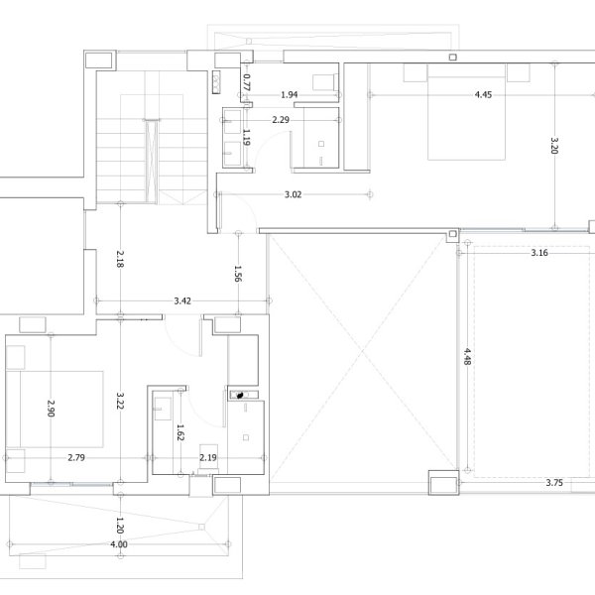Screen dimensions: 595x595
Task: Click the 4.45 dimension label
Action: (x=483, y=94)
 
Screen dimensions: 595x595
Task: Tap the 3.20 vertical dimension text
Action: (x=554, y=146)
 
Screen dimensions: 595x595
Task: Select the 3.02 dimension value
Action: (x=293, y=194)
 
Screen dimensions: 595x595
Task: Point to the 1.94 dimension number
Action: (x=290, y=94)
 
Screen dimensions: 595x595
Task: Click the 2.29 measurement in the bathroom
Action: (x=281, y=120)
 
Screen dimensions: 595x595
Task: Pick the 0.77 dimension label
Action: (x=247, y=82)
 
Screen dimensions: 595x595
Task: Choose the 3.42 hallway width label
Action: (x=182, y=300)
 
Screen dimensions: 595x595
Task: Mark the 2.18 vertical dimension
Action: (x=120, y=259)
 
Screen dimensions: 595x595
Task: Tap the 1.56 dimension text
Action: (x=238, y=274)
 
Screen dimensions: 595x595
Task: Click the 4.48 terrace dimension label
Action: (x=467, y=357)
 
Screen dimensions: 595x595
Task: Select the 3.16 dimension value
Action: (x=539, y=253)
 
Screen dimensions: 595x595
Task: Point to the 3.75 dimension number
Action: (x=554, y=483)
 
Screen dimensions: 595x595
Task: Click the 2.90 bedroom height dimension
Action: (x=51, y=409)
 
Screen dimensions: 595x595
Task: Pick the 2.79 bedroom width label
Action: (x=76, y=457)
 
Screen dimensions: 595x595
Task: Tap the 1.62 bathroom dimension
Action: (x=180, y=432)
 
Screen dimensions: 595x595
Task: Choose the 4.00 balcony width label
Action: (x=119, y=544)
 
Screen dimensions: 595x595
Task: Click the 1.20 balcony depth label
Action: (x=120, y=526)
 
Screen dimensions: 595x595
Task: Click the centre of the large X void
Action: (x=362, y=352)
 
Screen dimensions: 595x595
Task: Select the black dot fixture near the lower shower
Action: (x=240, y=396)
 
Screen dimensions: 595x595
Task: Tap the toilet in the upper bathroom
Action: (x=325, y=82)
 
